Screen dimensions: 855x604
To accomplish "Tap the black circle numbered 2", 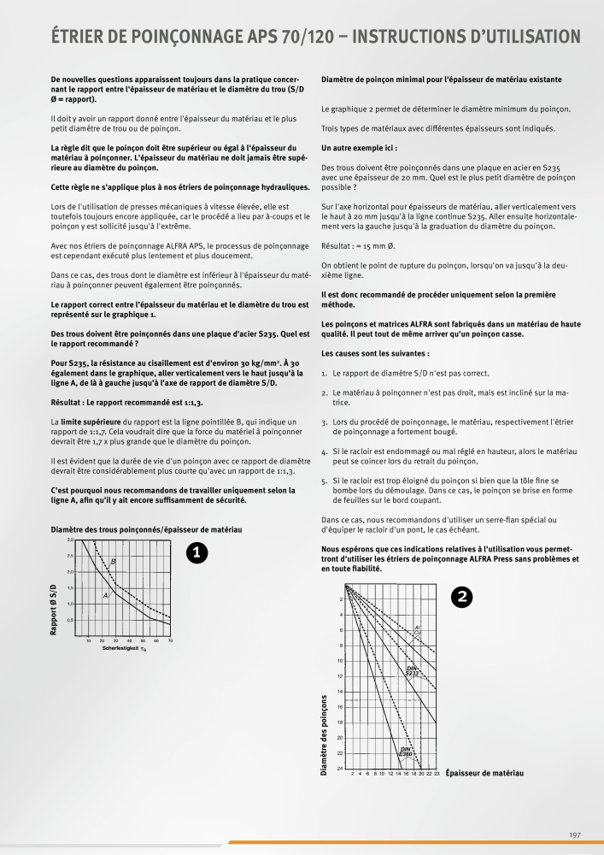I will tap(461, 598).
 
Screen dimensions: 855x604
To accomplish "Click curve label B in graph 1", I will tap(113, 561).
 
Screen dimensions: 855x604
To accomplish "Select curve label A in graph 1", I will tap(105, 593).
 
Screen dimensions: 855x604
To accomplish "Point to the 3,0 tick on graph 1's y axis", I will tap(70, 540).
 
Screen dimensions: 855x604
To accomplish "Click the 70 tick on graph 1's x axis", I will tap(171, 640).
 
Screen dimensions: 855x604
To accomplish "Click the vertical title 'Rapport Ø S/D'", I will tap(55, 606).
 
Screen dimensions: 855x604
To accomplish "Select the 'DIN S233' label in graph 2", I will tap(413, 670).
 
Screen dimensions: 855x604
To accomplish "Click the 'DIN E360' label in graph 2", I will tap(407, 752).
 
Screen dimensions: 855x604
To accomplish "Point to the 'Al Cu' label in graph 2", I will tap(417, 629).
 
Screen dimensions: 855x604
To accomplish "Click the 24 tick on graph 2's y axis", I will tap(340, 769).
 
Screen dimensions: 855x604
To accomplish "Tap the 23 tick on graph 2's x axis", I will tap(437, 773).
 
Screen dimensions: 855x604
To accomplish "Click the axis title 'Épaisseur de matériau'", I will tap(484, 773).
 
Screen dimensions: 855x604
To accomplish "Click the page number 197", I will tap(575, 834).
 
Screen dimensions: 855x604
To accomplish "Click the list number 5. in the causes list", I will tap(325, 481).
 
